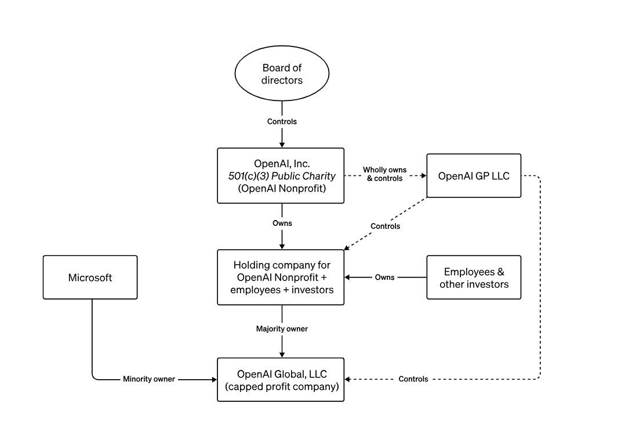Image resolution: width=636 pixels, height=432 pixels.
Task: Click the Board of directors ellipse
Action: click(282, 74)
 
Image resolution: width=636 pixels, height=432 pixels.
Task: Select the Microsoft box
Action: click(90, 278)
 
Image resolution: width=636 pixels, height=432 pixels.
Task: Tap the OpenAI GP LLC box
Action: click(474, 175)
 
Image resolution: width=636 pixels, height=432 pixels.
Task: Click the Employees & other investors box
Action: click(474, 278)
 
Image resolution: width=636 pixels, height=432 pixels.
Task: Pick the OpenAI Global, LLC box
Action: click(281, 379)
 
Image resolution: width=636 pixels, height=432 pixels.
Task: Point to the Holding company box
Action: click(281, 278)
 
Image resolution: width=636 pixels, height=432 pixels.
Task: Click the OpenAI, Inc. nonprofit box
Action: click(281, 175)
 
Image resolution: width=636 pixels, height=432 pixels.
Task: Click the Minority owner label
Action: click(148, 379)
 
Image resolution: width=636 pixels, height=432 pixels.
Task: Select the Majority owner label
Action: click(282, 329)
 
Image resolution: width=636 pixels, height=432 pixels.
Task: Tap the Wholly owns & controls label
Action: click(384, 174)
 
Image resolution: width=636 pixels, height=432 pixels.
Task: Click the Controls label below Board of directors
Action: click(282, 121)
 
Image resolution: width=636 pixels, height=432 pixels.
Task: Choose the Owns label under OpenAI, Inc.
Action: click(282, 223)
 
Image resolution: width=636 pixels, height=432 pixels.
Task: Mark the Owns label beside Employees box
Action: click(384, 278)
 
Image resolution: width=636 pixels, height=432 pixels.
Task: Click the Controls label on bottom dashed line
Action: click(413, 379)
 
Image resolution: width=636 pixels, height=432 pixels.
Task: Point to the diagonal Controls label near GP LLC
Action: click(385, 226)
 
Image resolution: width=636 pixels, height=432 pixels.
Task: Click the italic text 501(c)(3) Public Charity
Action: click(281, 175)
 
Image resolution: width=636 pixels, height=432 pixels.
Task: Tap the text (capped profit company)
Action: click(281, 386)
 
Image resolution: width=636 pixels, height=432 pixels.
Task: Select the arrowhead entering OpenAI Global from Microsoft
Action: click(213, 379)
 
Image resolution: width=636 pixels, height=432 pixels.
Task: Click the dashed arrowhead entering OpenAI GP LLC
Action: click(423, 175)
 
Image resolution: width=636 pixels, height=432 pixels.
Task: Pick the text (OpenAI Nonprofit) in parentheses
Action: click(281, 188)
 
